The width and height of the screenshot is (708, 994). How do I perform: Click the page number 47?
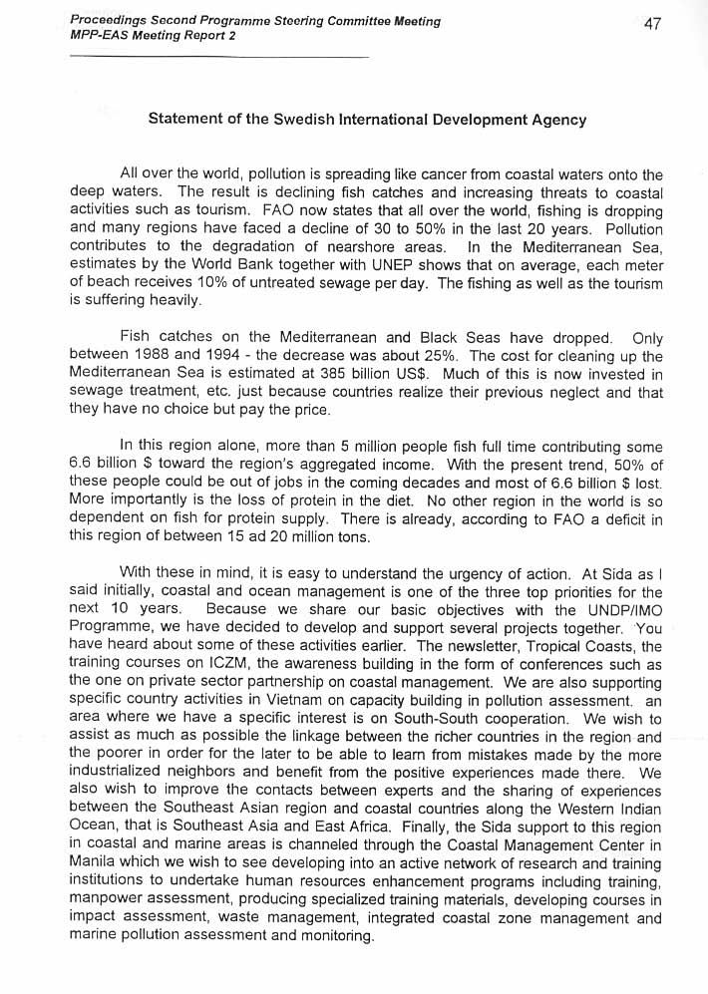point(652,24)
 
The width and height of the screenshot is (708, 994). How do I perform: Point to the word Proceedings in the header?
point(112,21)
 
